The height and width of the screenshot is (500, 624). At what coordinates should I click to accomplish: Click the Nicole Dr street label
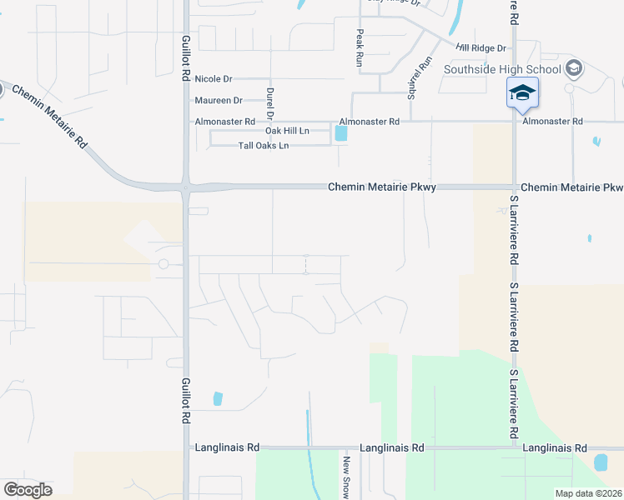pos(213,79)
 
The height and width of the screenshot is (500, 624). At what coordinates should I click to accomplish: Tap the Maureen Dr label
pos(218,100)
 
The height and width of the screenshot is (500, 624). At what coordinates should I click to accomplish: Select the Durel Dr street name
pos(270,102)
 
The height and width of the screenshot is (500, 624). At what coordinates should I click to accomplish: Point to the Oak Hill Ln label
pos(287,132)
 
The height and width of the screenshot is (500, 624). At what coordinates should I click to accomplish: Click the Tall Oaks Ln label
pos(264,146)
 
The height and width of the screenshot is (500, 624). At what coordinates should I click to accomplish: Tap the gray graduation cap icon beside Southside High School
pos(573,67)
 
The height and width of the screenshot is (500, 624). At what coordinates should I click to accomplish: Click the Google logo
pos(28,490)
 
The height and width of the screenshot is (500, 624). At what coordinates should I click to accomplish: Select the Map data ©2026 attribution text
pos(588,493)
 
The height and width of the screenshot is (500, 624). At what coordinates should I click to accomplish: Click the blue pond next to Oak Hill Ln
pos(340,132)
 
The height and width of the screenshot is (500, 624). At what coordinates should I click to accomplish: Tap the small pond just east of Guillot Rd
pos(218,398)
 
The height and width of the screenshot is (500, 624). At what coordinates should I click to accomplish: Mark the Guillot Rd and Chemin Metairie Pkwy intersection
pos(185,187)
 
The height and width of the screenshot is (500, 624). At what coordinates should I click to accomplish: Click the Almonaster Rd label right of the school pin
pos(553,121)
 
